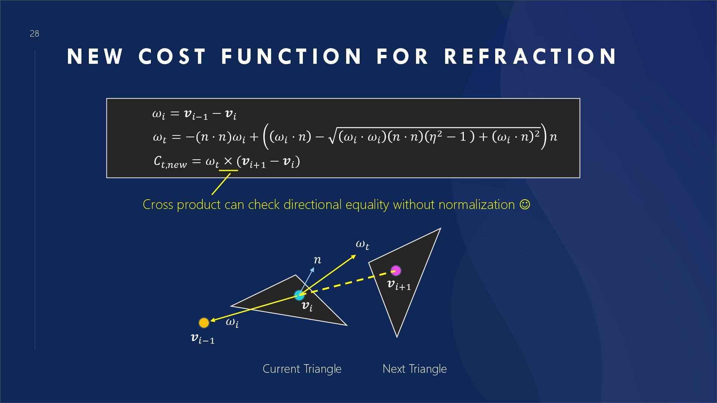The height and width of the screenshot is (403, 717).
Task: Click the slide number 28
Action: point(34,34)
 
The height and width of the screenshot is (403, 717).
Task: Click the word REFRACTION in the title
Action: point(531,57)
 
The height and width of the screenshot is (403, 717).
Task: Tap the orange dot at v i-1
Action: point(204,322)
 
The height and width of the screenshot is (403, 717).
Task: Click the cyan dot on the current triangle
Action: point(299,296)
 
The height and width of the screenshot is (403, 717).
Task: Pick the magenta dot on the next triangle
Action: point(395,270)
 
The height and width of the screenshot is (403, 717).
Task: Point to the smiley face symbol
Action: point(525,204)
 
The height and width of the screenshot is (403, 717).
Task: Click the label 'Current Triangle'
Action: point(302,369)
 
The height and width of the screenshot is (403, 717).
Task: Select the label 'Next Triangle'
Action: point(415,369)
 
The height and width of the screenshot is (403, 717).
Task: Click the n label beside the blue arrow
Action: point(317,260)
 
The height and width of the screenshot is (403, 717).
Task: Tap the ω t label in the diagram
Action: point(362,245)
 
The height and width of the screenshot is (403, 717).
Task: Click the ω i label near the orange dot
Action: point(232,322)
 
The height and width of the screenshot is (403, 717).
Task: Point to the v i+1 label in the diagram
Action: point(399,285)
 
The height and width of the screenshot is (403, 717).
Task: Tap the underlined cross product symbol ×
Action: point(228,161)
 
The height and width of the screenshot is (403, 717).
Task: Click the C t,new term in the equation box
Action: point(170,162)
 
